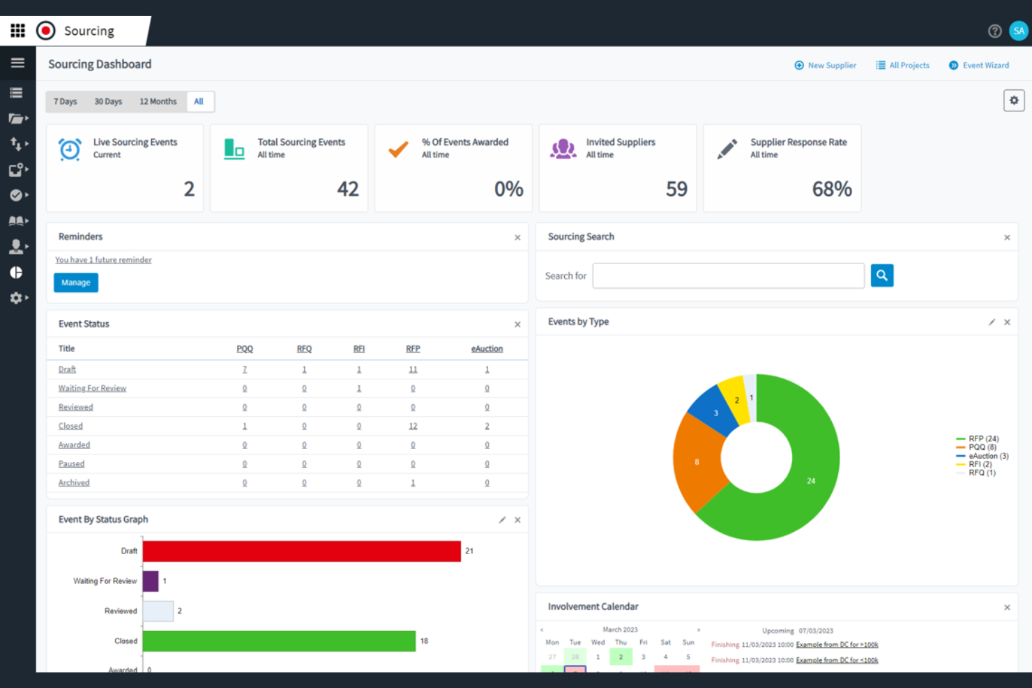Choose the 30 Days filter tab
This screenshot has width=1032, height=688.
click(108, 102)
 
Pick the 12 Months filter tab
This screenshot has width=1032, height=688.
click(158, 102)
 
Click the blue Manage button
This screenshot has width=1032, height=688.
click(76, 282)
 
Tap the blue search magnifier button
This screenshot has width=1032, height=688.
click(882, 275)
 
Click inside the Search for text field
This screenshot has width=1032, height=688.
click(728, 275)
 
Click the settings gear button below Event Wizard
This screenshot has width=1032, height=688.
click(1014, 100)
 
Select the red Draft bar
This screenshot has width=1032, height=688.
click(301, 551)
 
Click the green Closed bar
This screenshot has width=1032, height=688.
click(279, 641)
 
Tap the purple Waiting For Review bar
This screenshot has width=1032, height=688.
click(151, 581)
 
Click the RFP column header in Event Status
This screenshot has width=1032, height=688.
click(413, 349)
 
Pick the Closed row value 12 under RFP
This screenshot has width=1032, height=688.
click(413, 426)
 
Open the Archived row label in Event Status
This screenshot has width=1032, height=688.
click(74, 482)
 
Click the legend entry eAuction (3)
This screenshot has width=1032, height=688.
click(987, 456)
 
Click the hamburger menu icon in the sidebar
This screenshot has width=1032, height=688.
click(17, 63)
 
